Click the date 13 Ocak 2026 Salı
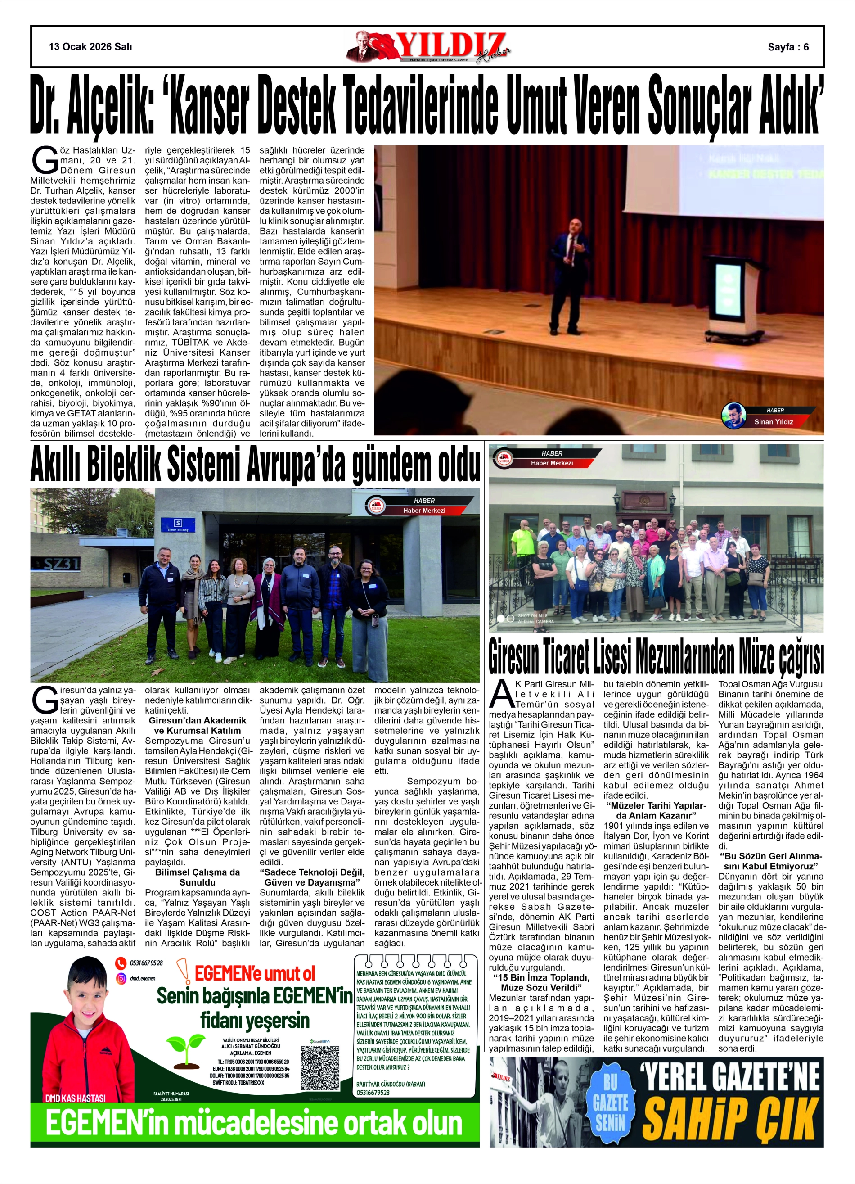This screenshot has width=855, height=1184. pyautogui.click(x=90, y=46)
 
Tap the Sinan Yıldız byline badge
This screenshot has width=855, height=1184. pyautogui.click(x=767, y=416)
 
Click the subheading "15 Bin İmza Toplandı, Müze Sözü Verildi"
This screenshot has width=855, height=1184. pyautogui.click(x=541, y=982)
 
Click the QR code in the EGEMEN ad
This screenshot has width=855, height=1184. pyautogui.click(x=320, y=1067)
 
